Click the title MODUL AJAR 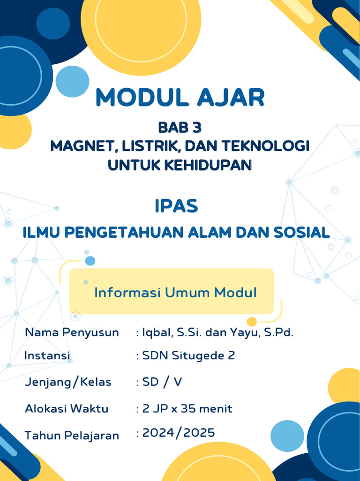point(180,98)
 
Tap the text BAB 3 point(180,127)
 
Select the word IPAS point(176,206)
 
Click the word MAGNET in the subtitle point(81,146)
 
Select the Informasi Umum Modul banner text point(175,293)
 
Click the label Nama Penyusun point(72,333)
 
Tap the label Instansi point(47,356)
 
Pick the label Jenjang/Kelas point(68,382)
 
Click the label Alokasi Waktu point(67,409)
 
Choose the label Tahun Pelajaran point(72,435)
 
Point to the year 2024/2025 point(179,433)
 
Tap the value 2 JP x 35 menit point(187,409)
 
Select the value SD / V point(162,382)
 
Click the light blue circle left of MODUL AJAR point(72,82)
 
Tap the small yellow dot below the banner point(252,322)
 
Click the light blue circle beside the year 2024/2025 point(287,436)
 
